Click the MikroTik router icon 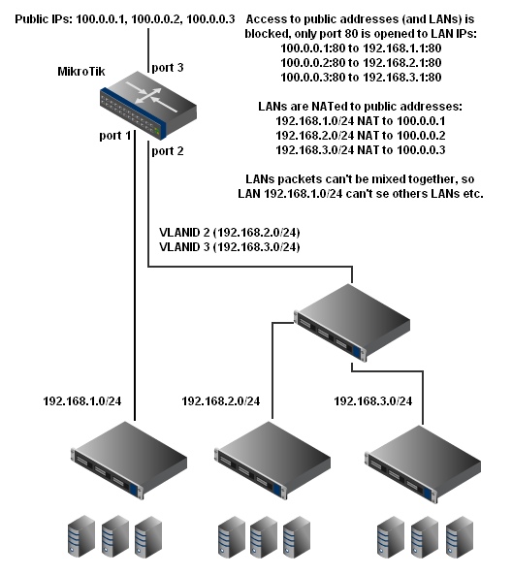148,106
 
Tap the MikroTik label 81,71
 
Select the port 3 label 168,68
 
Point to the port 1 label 115,136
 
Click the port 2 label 168,151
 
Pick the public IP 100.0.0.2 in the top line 156,19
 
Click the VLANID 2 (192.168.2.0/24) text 230,233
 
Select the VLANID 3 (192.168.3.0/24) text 230,247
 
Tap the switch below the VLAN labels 352,322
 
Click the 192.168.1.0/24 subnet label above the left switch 82,401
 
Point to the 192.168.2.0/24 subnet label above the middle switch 221,401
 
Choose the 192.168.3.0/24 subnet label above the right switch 373,401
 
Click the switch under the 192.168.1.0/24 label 129,460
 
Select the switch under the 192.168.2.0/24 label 272,460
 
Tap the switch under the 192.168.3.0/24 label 423,463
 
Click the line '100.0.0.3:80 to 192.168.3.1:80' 361,78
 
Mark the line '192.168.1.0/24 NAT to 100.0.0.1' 361,121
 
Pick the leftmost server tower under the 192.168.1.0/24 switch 81,536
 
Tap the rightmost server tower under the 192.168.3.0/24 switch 460,537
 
